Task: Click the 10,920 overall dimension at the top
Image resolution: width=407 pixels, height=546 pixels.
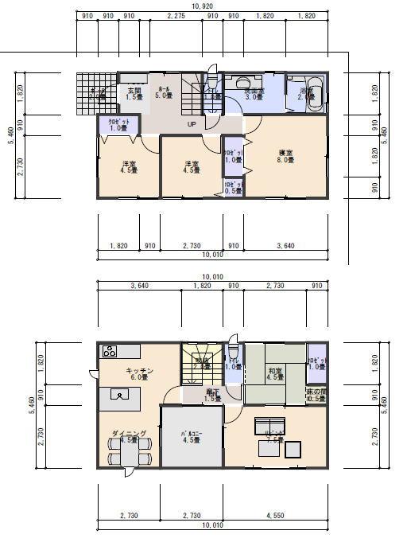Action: [x=203, y=6]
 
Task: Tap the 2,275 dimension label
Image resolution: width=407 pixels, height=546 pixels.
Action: [x=177, y=16]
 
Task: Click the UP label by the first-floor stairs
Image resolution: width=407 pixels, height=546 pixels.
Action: [x=192, y=125]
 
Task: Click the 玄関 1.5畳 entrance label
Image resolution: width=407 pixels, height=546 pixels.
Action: [x=134, y=94]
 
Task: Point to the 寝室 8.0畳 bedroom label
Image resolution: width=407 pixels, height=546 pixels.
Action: [x=286, y=156]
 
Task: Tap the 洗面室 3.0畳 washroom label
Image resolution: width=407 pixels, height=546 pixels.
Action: [x=254, y=95]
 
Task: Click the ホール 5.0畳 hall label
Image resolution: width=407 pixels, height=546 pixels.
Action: [x=164, y=92]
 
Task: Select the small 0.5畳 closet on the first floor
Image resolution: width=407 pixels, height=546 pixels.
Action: [x=232, y=188]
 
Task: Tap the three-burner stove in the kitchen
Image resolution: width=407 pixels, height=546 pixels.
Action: [x=110, y=352]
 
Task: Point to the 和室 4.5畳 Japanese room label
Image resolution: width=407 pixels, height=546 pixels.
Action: [x=275, y=373]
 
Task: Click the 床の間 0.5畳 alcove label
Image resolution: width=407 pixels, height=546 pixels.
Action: [x=316, y=396]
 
